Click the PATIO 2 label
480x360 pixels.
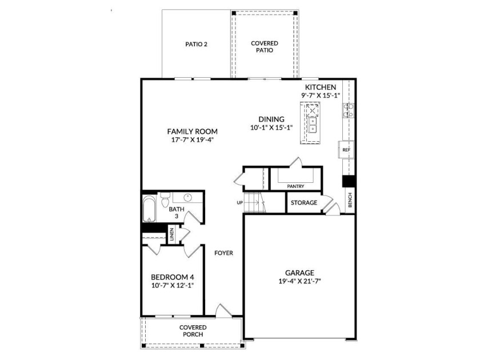click(x=196, y=45)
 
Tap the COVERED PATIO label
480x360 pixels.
click(x=264, y=47)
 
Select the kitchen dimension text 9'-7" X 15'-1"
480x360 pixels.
click(x=321, y=95)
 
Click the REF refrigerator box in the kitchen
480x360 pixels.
click(x=346, y=149)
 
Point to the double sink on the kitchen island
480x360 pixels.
click(x=312, y=129)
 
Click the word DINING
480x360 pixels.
click(x=271, y=119)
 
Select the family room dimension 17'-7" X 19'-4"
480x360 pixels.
click(x=192, y=139)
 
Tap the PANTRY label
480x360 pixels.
click(x=295, y=186)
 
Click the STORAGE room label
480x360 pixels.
click(x=303, y=203)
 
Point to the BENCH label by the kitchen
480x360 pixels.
click(x=349, y=200)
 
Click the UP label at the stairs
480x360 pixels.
click(x=240, y=202)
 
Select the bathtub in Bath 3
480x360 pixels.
click(x=149, y=210)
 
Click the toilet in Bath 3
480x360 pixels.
click(x=165, y=200)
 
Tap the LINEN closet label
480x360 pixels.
click(x=171, y=234)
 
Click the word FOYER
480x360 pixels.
click(x=223, y=253)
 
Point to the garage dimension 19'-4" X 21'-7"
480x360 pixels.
click(x=299, y=281)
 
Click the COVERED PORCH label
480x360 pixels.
click(x=193, y=331)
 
